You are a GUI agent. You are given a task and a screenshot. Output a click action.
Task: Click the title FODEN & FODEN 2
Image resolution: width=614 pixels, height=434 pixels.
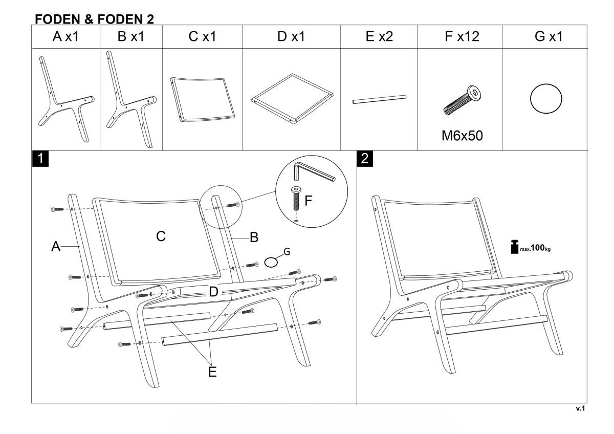(95, 18)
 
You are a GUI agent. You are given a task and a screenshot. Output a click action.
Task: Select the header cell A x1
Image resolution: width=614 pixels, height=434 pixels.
(65, 37)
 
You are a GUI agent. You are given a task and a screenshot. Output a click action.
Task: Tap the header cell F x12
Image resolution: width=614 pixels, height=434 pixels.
(459, 37)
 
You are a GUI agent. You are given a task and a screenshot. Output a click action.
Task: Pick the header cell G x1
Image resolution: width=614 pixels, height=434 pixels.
(546, 37)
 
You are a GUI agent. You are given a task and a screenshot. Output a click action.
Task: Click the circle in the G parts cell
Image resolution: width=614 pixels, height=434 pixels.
(546, 98)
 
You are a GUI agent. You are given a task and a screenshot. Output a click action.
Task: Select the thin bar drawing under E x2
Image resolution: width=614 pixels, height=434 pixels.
(379, 99)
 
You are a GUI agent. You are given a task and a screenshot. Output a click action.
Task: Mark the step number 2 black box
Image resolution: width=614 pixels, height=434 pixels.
(364, 159)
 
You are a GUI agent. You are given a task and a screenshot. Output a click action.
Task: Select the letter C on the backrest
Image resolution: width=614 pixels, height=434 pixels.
(160, 236)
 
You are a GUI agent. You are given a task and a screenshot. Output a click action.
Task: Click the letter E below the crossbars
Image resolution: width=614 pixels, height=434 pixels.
(212, 372)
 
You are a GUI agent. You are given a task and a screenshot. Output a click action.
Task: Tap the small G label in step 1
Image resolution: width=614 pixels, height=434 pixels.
(287, 252)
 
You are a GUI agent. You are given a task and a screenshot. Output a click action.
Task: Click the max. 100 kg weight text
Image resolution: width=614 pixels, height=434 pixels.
(536, 248)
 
